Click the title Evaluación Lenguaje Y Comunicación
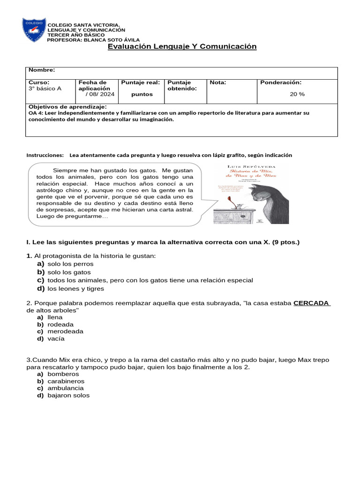182,46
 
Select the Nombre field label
42,70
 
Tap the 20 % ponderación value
297,94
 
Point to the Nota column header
217,82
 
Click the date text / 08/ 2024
100,94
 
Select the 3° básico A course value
45,89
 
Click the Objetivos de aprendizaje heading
68,107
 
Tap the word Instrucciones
45,155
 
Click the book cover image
251,194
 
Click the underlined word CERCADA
311,303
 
